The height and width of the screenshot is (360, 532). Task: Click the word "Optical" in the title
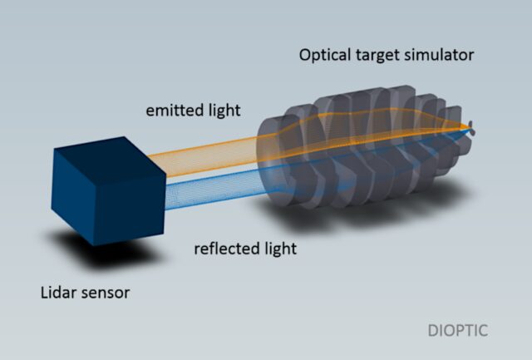click(x=326, y=57)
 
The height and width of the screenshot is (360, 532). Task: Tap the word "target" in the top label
click(x=380, y=57)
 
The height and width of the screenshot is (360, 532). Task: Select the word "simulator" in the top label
click(x=444, y=56)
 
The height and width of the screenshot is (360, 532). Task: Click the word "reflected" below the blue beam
click(x=223, y=249)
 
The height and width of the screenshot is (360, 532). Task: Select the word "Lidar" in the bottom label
click(x=60, y=293)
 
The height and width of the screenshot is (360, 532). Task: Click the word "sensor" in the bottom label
click(x=107, y=293)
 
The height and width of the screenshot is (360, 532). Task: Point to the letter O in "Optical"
click(x=306, y=57)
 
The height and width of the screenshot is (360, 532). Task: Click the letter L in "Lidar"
click(x=45, y=293)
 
